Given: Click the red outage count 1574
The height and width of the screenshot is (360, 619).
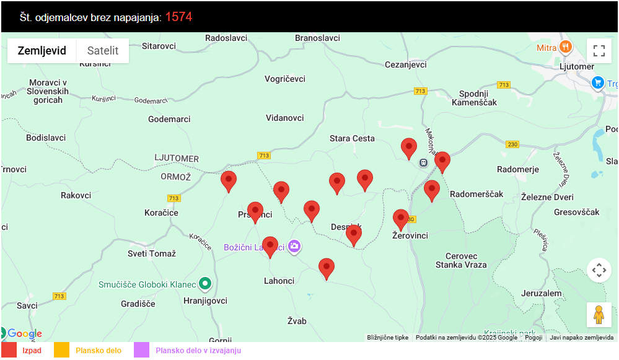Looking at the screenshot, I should pos(178,17).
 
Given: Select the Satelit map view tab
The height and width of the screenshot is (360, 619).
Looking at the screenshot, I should pos(103,51).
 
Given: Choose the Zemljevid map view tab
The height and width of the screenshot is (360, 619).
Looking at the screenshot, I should pos(42,51).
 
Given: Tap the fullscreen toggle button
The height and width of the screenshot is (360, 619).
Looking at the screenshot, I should pos(599,51).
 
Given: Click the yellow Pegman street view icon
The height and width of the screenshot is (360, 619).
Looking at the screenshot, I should pos(599,315).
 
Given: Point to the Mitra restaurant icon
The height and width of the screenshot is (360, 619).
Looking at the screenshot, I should pos(565,47).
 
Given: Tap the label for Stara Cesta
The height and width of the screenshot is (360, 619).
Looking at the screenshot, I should pos(352,139).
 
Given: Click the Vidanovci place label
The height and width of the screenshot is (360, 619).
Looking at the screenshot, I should pos(285,118).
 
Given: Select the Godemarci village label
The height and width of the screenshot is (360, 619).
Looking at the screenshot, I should pos(169,119).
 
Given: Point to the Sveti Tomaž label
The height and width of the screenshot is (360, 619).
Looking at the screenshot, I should pos(152,253).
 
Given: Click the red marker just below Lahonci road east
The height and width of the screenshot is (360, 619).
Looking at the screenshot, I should pos(327,268).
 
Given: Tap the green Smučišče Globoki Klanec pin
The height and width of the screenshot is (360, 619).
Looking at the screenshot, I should pos(206,284).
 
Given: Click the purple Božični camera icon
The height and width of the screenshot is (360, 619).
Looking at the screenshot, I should pos(294,247).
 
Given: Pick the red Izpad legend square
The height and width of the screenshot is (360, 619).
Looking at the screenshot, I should pos(9,351).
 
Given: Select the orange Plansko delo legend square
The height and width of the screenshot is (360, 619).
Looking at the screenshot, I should pos(61,351).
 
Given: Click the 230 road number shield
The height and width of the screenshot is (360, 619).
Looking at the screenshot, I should pos(512,144).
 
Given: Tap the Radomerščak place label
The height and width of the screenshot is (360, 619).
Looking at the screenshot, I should pos(476,194).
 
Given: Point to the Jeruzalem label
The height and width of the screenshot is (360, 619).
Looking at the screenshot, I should pos(542,293).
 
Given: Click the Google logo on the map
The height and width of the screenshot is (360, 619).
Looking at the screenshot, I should pos(24,334).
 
